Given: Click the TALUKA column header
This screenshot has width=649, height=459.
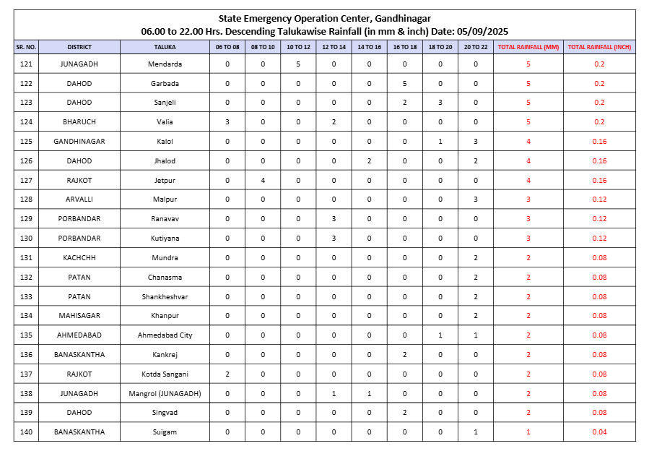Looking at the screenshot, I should [x=165, y=47].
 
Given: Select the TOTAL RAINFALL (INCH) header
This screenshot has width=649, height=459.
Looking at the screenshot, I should [x=599, y=47].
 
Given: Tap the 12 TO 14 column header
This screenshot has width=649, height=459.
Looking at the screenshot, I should [x=334, y=47].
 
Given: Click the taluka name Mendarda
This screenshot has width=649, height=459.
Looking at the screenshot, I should [x=165, y=64].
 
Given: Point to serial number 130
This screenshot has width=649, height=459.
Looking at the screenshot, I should [x=26, y=239].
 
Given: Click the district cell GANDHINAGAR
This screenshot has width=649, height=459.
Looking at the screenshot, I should [x=79, y=142].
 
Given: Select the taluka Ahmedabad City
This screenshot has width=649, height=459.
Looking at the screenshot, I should [x=165, y=335].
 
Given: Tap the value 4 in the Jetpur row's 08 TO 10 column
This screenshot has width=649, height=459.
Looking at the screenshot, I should [x=263, y=181].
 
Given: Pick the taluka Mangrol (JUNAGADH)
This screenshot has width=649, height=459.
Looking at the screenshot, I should [x=165, y=393].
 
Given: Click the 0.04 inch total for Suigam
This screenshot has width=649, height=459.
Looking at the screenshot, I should [x=599, y=432].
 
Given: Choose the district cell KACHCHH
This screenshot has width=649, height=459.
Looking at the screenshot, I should [x=79, y=258].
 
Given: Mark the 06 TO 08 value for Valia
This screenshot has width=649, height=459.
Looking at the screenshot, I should [x=227, y=122].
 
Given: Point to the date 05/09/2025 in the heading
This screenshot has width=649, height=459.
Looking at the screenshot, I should [x=483, y=31].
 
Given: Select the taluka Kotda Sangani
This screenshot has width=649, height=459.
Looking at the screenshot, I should [x=165, y=374].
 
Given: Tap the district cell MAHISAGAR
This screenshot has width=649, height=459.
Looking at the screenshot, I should [x=79, y=316].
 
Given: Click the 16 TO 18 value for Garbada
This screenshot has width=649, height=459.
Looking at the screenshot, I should [x=404, y=84].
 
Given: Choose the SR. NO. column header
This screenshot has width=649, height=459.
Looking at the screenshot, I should [x=26, y=47].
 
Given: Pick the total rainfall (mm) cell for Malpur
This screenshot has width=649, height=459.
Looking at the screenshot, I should [x=528, y=200].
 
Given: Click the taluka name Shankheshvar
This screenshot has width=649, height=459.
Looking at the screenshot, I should [x=165, y=297].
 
